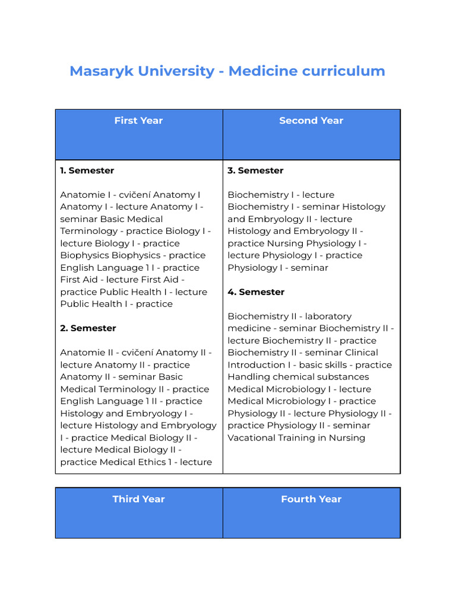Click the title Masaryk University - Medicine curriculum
[227, 71]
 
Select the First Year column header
[138, 121]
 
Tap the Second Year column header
[311, 121]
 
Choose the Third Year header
[138, 499]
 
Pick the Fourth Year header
[311, 499]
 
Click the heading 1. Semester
[87, 170]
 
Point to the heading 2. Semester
[88, 328]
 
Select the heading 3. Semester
[255, 170]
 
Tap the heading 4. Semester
[256, 292]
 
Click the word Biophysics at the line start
[84, 255]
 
